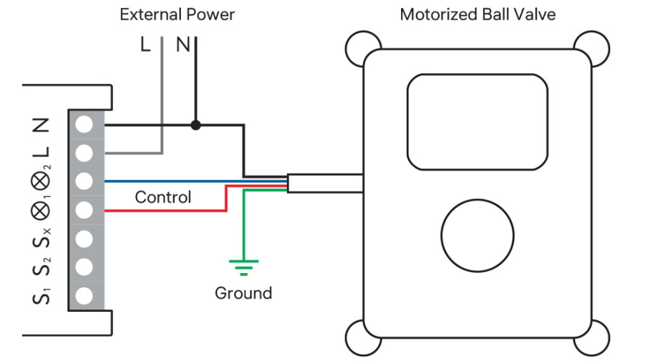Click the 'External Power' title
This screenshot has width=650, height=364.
tap(177, 14)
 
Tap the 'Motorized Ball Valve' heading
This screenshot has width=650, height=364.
tap(478, 14)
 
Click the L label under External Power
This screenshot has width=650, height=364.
tap(145, 45)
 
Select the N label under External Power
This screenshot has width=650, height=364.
tap(183, 45)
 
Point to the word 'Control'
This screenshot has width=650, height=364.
tap(163, 198)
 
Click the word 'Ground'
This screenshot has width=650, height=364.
tap(244, 293)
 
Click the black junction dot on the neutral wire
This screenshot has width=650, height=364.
tap(196, 125)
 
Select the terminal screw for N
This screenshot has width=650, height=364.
tap(84, 125)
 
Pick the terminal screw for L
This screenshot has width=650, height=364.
tap(84, 153)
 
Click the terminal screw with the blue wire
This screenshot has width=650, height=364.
tap(84, 181)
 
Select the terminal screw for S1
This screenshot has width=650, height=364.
tap(84, 295)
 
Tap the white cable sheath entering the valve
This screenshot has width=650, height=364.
tap(325, 183)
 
